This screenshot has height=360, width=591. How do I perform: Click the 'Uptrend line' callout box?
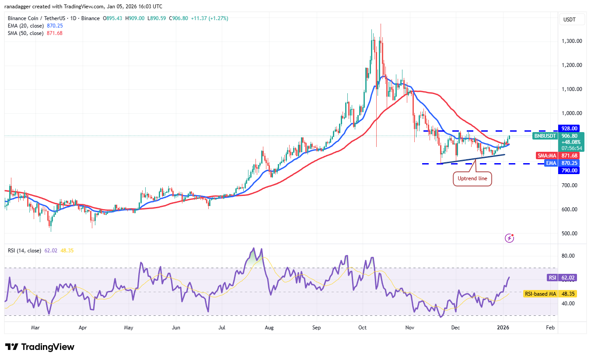pyautogui.click(x=472, y=178)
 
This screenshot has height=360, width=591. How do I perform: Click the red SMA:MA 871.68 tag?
pyautogui.click(x=557, y=156)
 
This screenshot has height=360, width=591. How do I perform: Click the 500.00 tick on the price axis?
pyautogui.click(x=570, y=234)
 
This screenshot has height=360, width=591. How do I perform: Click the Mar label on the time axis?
pyautogui.click(x=35, y=327)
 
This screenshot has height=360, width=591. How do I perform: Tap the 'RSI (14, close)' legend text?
pyautogui.click(x=24, y=251)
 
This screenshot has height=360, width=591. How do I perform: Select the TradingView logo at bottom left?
pyautogui.click(x=40, y=347)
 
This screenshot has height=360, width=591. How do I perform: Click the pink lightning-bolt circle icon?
pyautogui.click(x=509, y=238)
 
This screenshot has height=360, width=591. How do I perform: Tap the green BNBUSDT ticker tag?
pyautogui.click(x=544, y=136)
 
